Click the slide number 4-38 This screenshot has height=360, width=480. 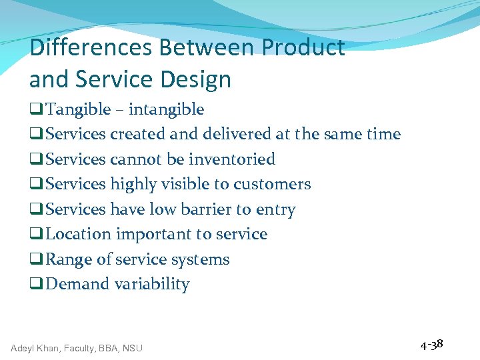coord(431,345)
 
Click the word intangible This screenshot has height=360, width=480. coord(166,109)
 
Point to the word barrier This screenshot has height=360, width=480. coord(207,209)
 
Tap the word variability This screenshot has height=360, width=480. coord(152,284)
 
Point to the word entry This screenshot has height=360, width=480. coord(276,209)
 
